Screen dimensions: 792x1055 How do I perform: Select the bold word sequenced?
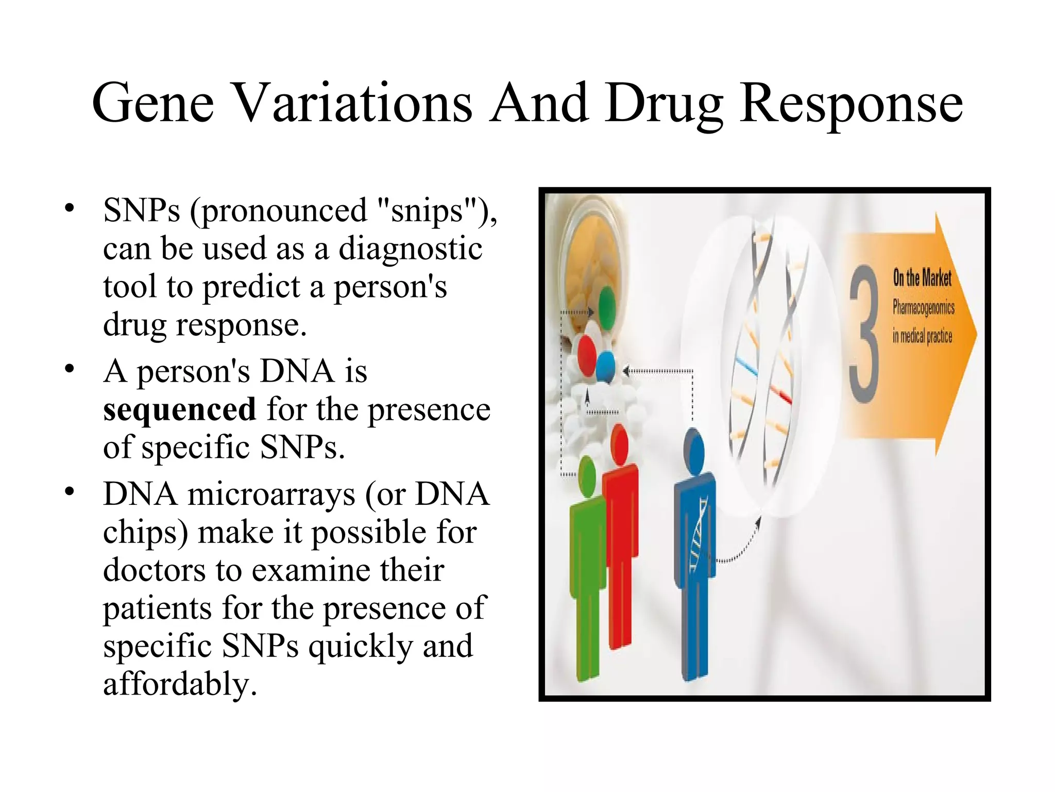pyautogui.click(x=179, y=409)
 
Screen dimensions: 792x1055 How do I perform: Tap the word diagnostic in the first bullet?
pyautogui.click(x=410, y=249)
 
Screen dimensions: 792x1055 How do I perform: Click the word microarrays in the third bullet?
pyautogui.click(x=271, y=494)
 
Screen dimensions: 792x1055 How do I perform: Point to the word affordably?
pyautogui.click(x=180, y=684)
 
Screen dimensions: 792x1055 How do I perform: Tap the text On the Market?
pyautogui.click(x=922, y=278)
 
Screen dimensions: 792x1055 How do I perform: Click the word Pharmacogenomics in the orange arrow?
pyautogui.click(x=923, y=308)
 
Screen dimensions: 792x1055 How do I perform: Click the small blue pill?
pyautogui.click(x=606, y=365)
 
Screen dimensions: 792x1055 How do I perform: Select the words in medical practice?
pyautogui.click(x=922, y=336)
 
